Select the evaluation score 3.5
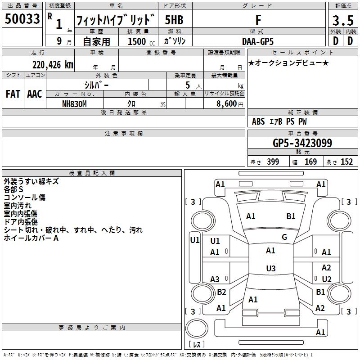point(342,20)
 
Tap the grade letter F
point(258,20)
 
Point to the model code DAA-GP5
point(258,41)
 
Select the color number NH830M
point(75,103)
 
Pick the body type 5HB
point(174,20)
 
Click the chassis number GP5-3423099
point(302,144)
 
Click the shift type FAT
point(13,94)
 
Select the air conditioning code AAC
point(34,94)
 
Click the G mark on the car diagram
point(284,237)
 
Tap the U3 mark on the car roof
point(270,269)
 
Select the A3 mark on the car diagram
point(215,279)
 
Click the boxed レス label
point(197,344)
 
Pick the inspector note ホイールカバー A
point(31,238)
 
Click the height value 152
point(346,162)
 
